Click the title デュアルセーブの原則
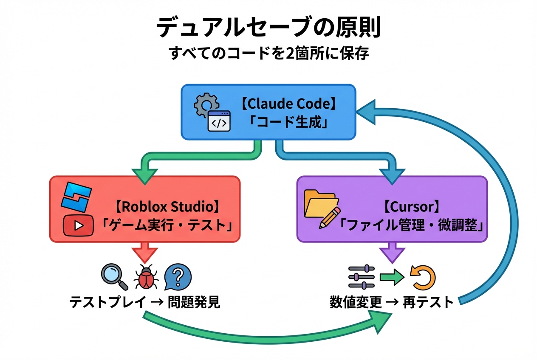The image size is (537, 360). [x=268, y=28]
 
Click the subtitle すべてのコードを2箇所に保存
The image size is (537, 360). [x=268, y=54]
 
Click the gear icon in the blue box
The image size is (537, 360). [x=206, y=104]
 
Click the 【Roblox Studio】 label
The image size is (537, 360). [x=167, y=207]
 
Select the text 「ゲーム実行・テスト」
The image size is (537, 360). [x=167, y=225]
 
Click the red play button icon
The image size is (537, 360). [x=78, y=225]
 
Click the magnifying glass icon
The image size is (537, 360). [x=114, y=276]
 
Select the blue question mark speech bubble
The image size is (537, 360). [x=178, y=276]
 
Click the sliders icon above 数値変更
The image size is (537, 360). [x=361, y=277]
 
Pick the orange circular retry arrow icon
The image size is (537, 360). [x=423, y=277]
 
